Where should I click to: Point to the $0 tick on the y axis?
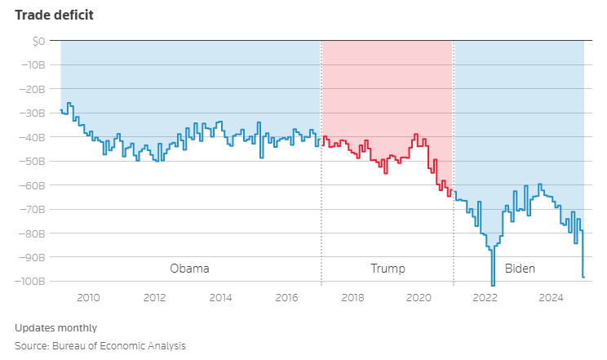pyautogui.click(x=40, y=41)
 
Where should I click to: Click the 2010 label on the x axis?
pyautogui.click(x=89, y=297)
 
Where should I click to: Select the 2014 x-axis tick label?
pyautogui.click(x=220, y=297)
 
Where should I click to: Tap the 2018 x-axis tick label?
pyautogui.click(x=352, y=297)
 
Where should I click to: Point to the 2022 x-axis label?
pyautogui.click(x=485, y=297)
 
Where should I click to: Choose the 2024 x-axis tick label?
pyautogui.click(x=551, y=297)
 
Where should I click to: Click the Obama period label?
pyautogui.click(x=189, y=269)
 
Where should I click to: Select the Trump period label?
pyautogui.click(x=388, y=269)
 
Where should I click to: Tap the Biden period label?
pyautogui.click(x=521, y=269)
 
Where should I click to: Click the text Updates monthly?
pyautogui.click(x=55, y=327)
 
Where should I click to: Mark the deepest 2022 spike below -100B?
pyautogui.click(x=493, y=283)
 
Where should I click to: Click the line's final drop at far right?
pyautogui.click(x=583, y=277)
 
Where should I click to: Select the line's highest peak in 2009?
pyautogui.click(x=69, y=104)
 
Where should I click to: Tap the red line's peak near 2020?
pyautogui.click(x=416, y=135)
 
